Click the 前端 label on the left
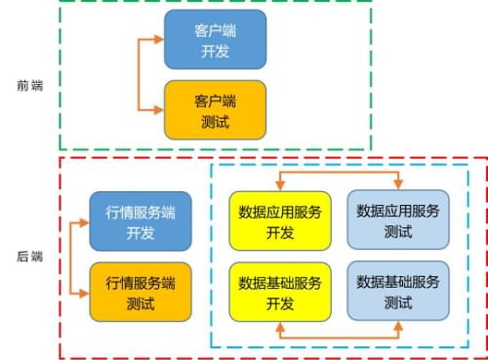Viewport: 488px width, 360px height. (29, 85)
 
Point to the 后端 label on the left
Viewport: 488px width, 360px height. (29, 257)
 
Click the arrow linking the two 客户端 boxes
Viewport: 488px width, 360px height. (142, 74)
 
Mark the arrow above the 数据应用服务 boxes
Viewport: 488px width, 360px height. (339, 175)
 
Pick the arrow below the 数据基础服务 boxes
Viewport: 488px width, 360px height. (339, 337)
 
